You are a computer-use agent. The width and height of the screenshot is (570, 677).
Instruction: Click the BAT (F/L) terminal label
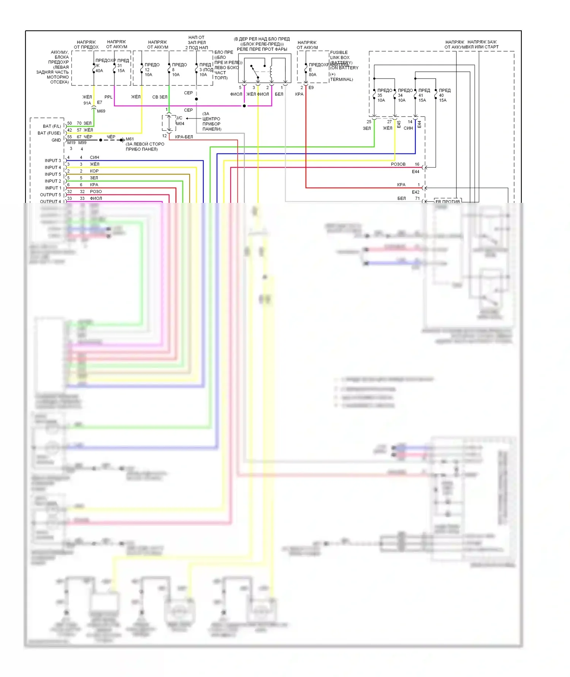pyautogui.click(x=52, y=126)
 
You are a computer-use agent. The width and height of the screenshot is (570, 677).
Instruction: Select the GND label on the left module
pyautogui.click(x=56, y=140)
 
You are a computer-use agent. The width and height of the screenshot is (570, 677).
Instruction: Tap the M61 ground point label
pyautogui.click(x=130, y=139)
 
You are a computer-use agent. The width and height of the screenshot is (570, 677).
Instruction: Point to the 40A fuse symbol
pyautogui.click(x=94, y=68)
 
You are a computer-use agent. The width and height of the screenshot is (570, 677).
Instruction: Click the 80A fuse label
pyautogui.click(x=312, y=74)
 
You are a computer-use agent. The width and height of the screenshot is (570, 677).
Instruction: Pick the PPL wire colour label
pyautogui.click(x=108, y=97)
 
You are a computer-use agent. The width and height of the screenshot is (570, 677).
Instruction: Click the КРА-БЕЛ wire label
pyautogui.click(x=184, y=137)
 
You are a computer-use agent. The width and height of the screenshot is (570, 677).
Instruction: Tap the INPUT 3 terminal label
pyautogui.click(x=53, y=160)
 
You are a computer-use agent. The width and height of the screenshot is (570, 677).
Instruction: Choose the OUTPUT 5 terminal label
pyautogui.click(x=51, y=195)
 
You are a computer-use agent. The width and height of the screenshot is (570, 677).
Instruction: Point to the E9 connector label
pyautogui.click(x=311, y=88)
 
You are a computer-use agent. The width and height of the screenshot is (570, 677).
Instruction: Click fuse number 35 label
pyautogui.click(x=380, y=95)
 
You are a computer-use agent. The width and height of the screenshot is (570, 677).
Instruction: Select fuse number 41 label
pyautogui.click(x=421, y=95)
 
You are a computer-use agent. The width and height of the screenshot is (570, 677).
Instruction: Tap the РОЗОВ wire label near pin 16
pyautogui.click(x=398, y=164)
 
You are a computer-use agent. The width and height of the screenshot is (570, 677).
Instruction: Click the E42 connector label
pyautogui.click(x=415, y=192)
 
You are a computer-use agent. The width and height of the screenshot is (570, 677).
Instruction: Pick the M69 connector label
pyautogui.click(x=101, y=111)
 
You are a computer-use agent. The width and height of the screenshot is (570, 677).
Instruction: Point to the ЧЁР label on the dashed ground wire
pyautogui.click(x=111, y=137)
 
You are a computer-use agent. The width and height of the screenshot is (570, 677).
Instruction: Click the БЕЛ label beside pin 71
pyautogui.click(x=401, y=198)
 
